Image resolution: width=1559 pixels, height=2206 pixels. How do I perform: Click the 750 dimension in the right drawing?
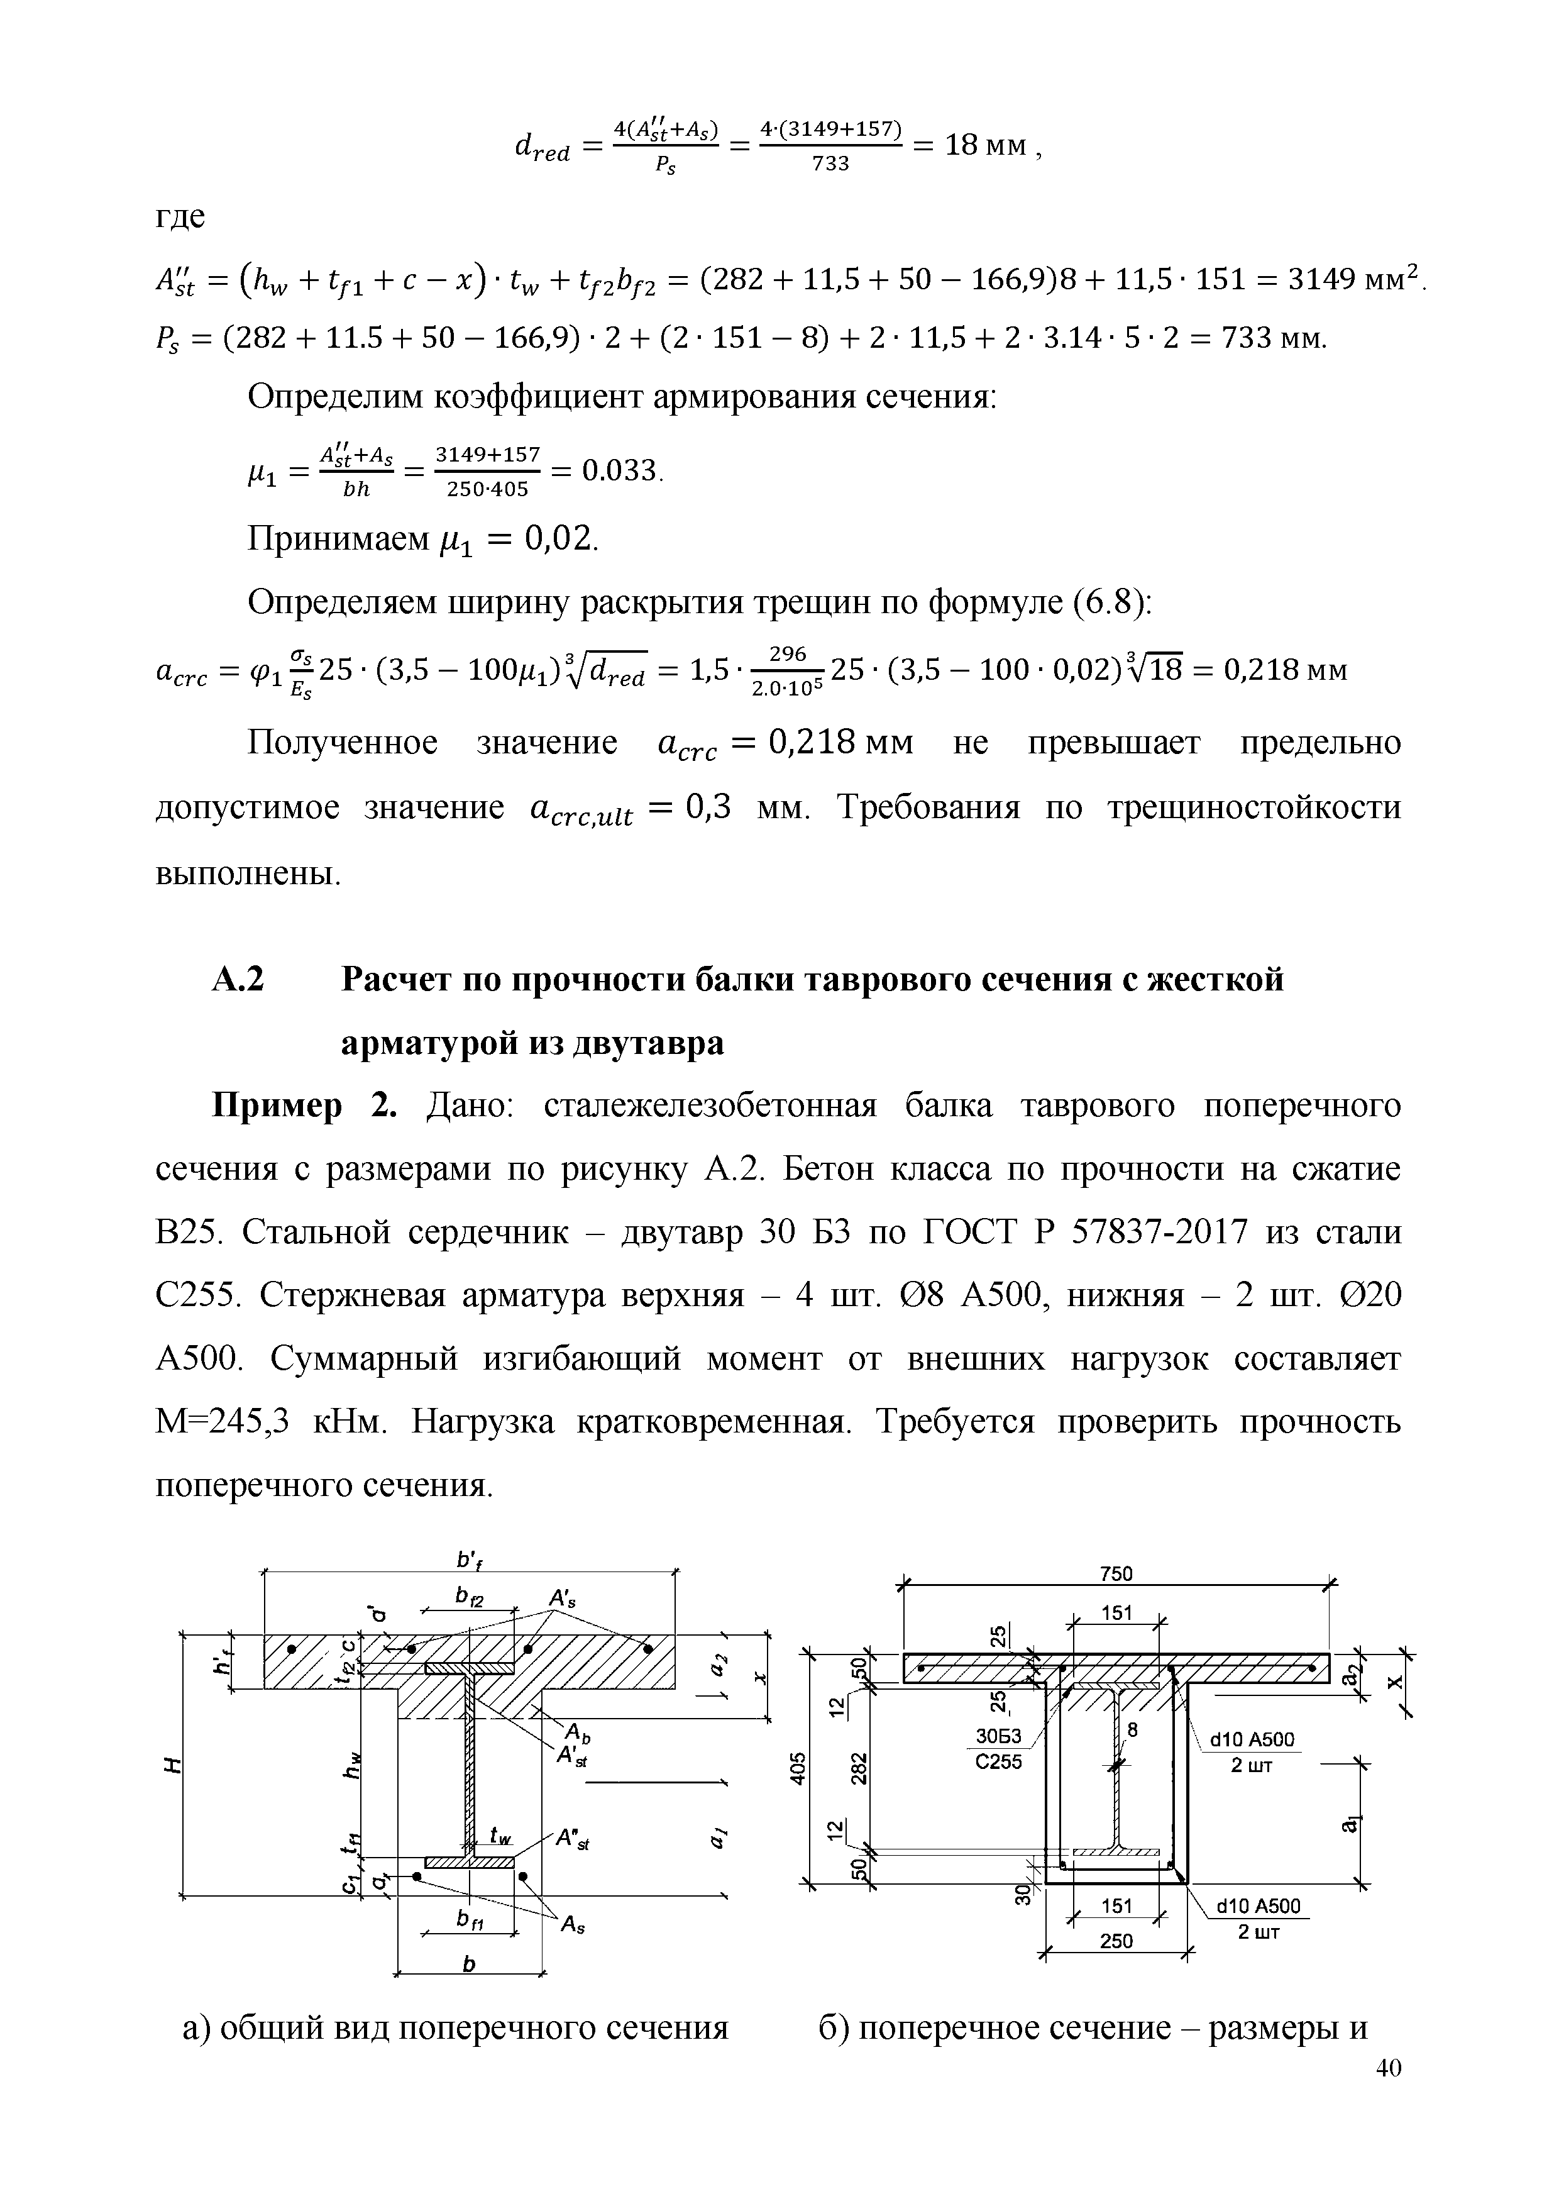1116,1573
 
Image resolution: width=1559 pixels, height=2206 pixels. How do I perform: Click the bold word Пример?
277,1107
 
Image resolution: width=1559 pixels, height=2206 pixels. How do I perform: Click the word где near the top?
180,217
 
